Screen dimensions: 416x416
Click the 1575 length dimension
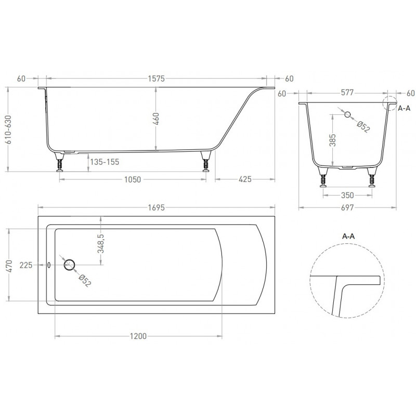(157, 79)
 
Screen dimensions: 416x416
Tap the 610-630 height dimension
(9, 129)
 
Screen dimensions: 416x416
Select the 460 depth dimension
(156, 119)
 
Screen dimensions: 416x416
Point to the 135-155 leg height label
(105, 162)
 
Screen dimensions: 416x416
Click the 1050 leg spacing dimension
(133, 179)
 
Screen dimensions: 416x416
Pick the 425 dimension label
(245, 179)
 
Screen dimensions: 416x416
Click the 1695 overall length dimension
(157, 207)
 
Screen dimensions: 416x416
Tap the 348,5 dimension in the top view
(101, 243)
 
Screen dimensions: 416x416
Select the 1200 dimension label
(138, 336)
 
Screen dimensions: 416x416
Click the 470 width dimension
(9, 266)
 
